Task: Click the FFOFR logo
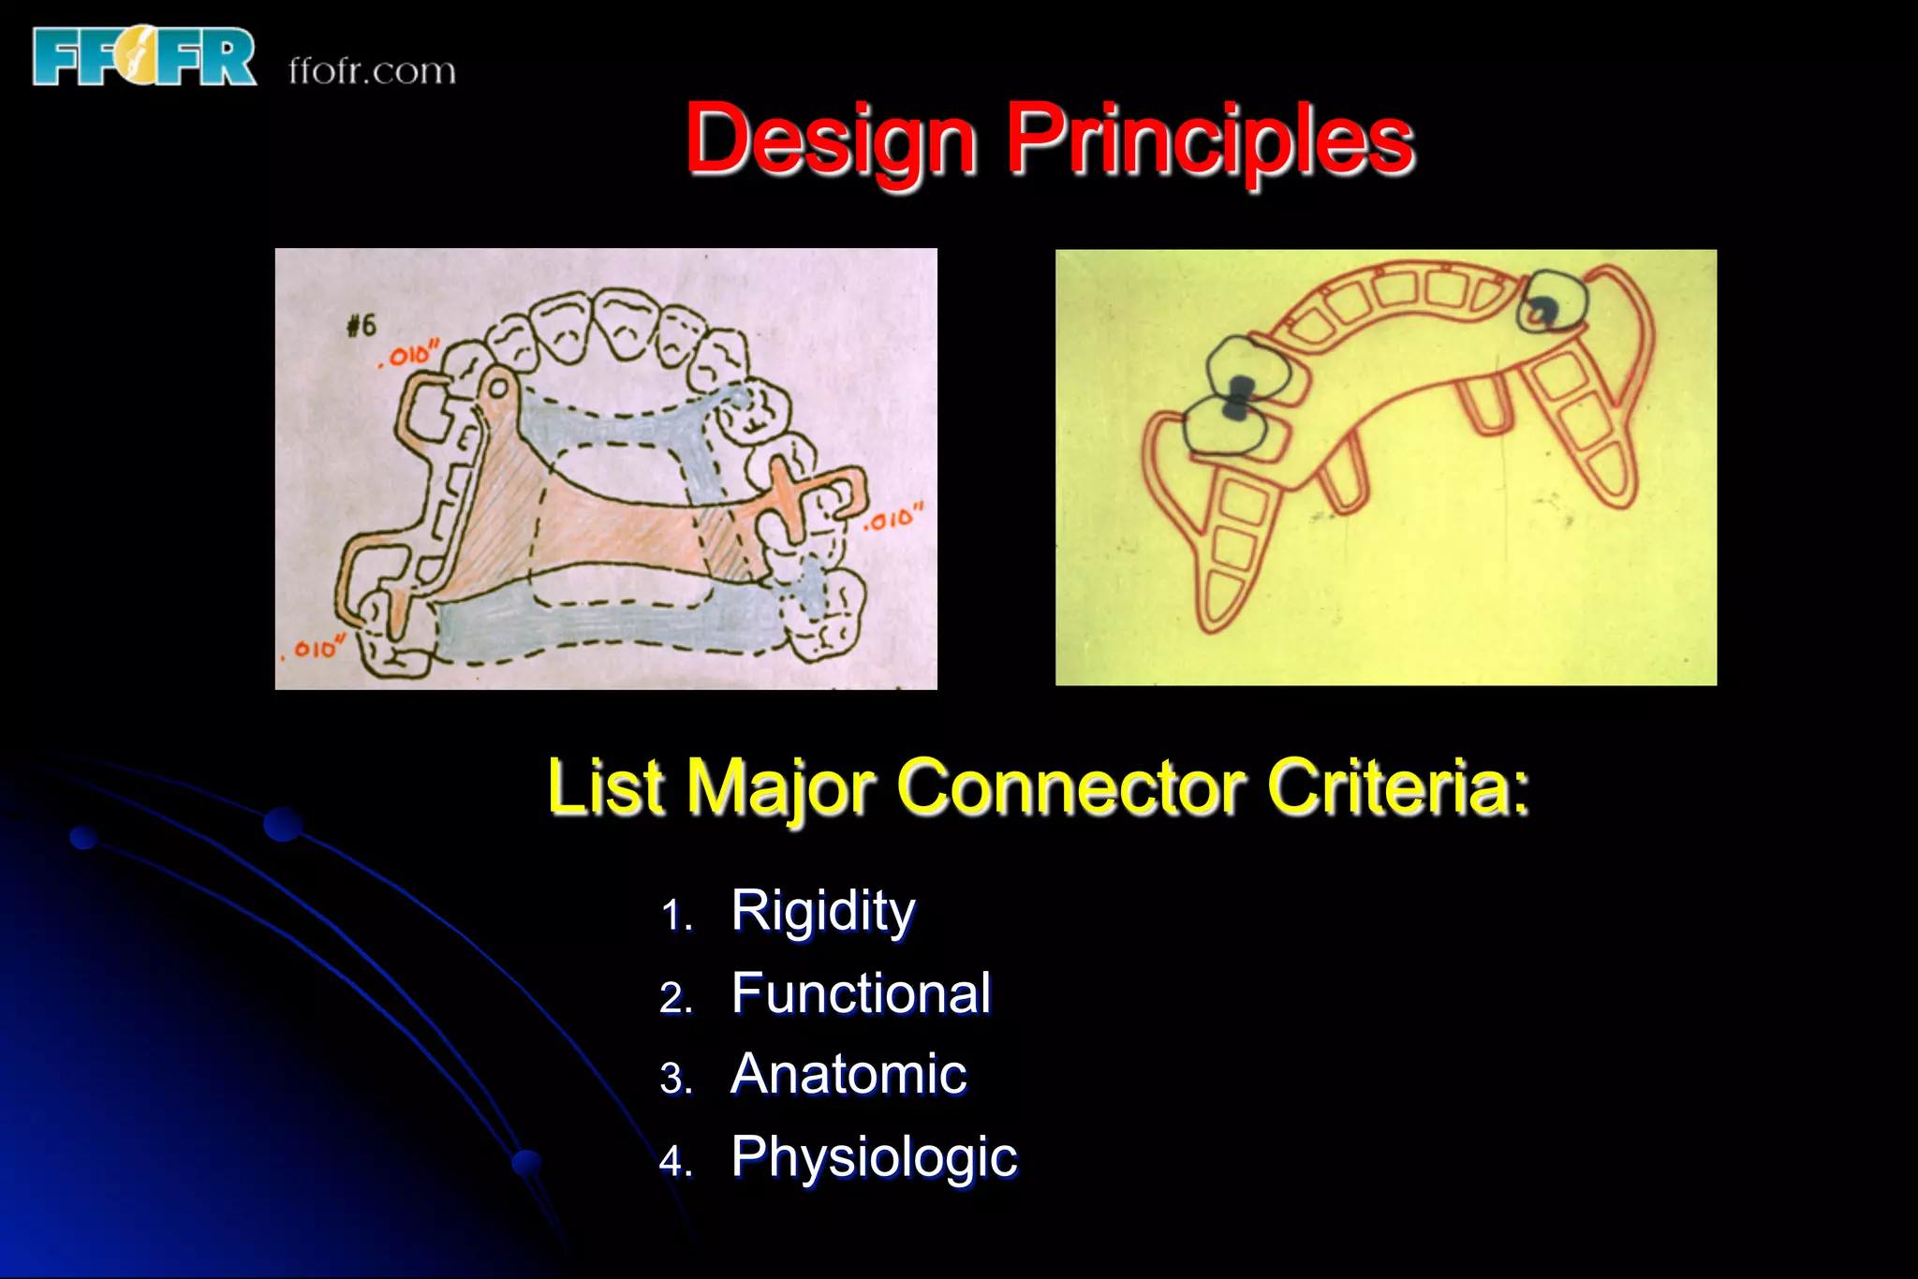click(x=143, y=57)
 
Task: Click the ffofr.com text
click(x=372, y=71)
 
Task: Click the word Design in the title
click(x=832, y=140)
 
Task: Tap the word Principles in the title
click(x=1209, y=140)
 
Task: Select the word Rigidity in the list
click(x=822, y=911)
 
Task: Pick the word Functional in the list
click(x=860, y=992)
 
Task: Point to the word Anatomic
click(x=848, y=1074)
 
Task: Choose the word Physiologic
click(x=873, y=1157)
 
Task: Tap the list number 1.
click(x=675, y=916)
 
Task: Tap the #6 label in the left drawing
click(x=361, y=326)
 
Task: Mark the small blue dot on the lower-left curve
click(x=526, y=1163)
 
